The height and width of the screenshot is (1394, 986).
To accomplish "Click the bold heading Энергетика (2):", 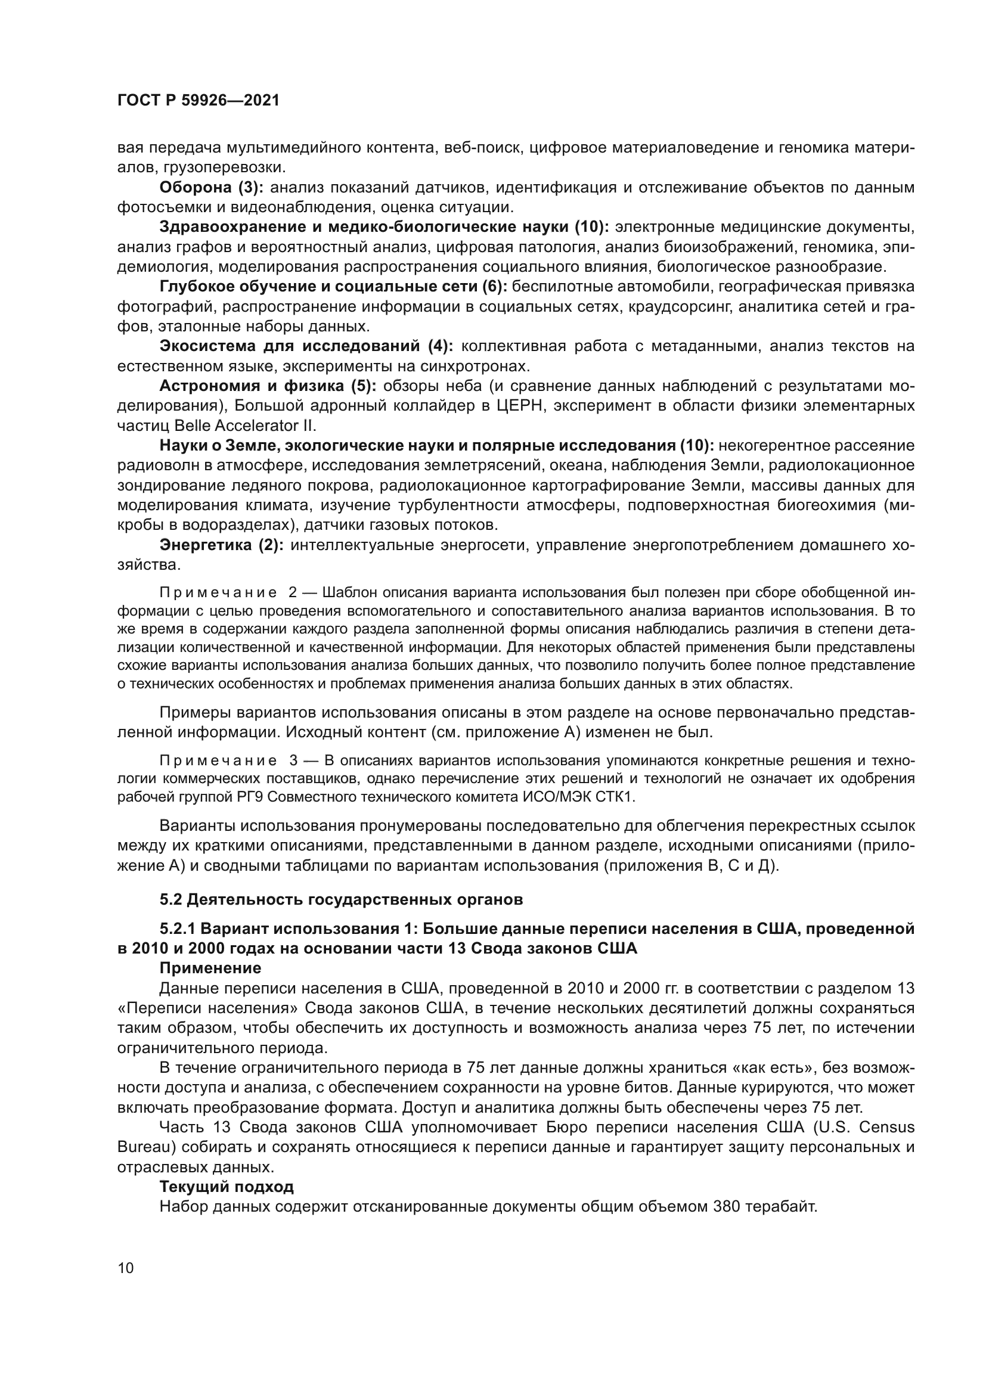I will click(x=221, y=545).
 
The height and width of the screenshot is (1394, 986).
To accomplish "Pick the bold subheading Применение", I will click(x=210, y=967).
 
